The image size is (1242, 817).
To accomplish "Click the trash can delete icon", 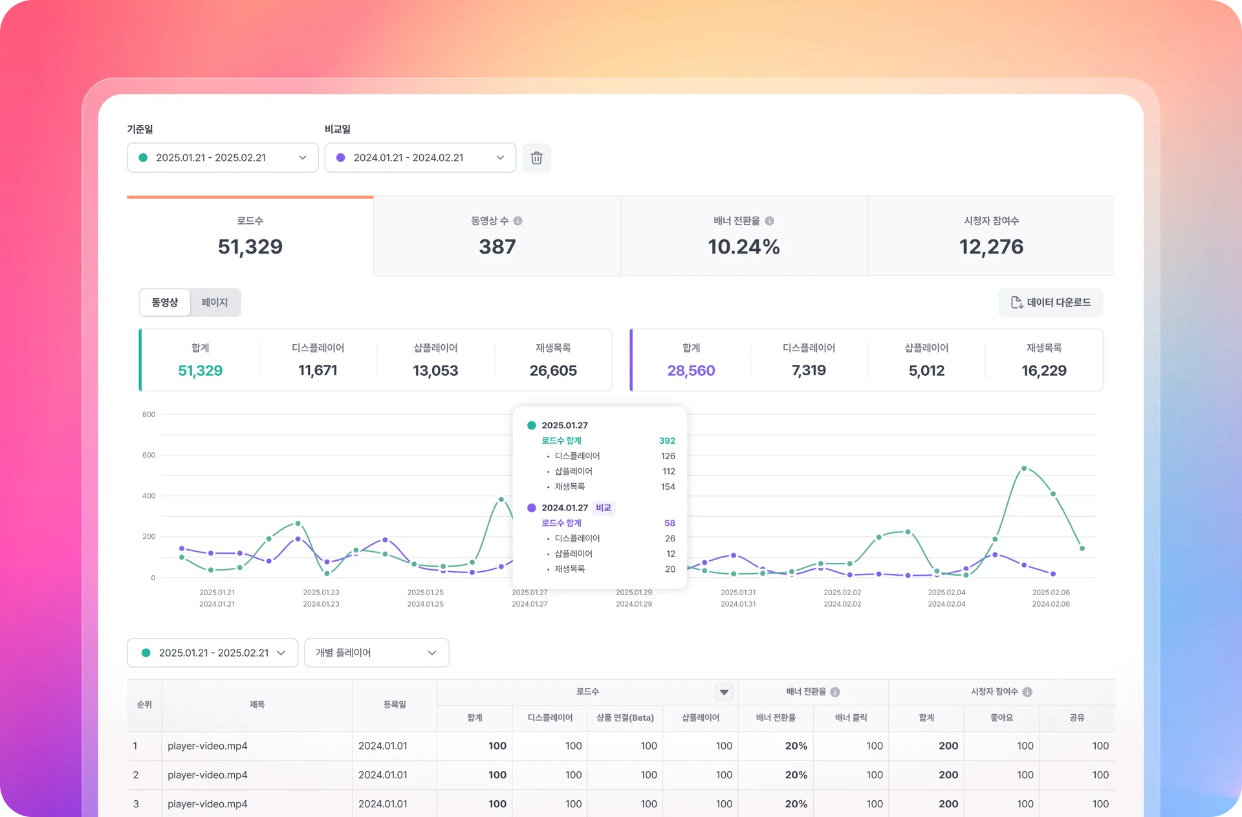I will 536,158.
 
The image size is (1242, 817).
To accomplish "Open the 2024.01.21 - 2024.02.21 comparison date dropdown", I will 420,158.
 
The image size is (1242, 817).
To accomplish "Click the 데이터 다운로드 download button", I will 1051,302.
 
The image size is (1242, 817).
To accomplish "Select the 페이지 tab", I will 215,302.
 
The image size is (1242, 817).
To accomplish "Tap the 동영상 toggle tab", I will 165,302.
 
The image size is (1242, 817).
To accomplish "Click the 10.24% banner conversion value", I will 744,246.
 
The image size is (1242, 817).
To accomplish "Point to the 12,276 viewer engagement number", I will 991,246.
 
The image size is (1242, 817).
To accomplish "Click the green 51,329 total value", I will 201,371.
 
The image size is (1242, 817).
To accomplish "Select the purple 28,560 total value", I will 691,371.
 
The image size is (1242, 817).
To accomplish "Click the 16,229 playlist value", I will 1044,371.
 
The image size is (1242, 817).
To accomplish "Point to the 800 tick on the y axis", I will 149,415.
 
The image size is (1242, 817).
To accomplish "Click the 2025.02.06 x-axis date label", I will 1051,593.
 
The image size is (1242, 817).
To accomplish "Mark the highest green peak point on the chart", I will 1024,468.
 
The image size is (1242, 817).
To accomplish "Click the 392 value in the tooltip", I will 667,441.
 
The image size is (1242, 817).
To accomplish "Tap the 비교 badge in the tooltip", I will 604,508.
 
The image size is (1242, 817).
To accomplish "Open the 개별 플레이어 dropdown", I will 376,653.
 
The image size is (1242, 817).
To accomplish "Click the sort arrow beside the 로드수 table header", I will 724,692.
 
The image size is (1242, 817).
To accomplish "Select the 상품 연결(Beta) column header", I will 625,718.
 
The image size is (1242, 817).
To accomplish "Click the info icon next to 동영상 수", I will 518,221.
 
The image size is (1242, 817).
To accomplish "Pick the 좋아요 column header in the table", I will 1001,718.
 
